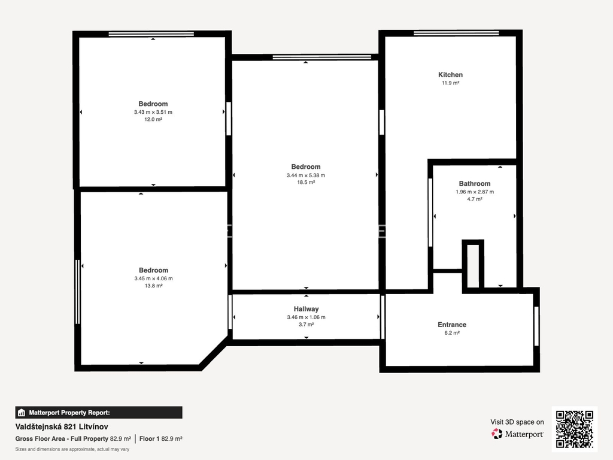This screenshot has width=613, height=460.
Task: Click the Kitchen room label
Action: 450,75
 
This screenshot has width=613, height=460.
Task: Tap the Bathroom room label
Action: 475,183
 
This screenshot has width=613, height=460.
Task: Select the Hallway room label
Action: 306,309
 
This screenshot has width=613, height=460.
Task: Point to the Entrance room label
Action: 452,325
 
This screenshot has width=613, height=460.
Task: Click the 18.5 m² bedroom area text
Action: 306,182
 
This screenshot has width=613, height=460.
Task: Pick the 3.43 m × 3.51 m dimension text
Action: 153,112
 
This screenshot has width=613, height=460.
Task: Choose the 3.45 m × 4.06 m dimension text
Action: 153,279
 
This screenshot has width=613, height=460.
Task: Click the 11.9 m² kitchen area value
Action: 450,83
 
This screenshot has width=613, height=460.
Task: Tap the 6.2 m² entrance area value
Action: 452,333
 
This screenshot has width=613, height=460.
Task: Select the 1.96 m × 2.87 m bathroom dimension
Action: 475,192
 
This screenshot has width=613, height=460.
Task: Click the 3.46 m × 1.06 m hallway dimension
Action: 306,317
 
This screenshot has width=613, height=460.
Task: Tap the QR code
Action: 575,429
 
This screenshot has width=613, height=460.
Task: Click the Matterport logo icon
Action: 497,434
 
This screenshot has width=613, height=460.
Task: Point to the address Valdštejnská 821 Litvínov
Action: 62,426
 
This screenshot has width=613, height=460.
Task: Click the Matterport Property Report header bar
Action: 99,413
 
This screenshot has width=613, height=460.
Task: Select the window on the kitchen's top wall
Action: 456,33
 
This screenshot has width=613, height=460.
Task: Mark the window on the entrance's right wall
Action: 536,326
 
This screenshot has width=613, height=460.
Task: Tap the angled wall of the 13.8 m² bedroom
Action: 214,353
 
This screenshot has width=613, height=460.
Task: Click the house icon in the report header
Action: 22,413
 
